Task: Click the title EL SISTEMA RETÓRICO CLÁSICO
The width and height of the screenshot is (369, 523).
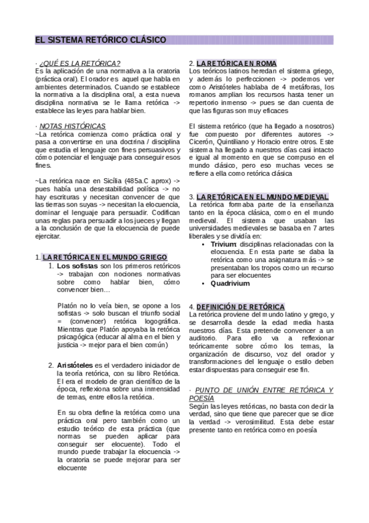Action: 100,40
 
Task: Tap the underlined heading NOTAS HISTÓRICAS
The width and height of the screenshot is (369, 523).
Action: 72,125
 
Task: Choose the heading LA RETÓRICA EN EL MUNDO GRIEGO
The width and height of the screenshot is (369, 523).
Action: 99,257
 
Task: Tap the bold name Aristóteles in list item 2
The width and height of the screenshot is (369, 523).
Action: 75,366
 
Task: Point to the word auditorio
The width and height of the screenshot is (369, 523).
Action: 206,339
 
